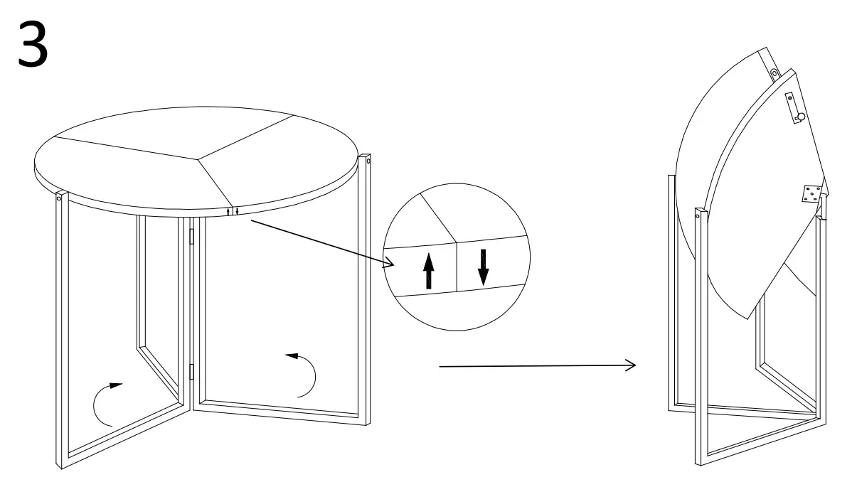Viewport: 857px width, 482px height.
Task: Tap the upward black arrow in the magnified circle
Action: coord(428,270)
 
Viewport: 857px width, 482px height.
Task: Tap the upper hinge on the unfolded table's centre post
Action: coord(191,237)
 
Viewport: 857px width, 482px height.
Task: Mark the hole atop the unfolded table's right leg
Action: coord(368,161)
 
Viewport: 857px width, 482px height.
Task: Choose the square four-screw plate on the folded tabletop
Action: coord(811,193)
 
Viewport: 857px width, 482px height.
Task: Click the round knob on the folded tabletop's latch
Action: coord(800,117)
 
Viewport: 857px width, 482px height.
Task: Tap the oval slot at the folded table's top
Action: coord(775,74)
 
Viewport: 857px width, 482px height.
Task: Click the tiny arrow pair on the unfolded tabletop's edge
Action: coord(232,211)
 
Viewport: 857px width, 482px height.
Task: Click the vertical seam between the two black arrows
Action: coord(456,266)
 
